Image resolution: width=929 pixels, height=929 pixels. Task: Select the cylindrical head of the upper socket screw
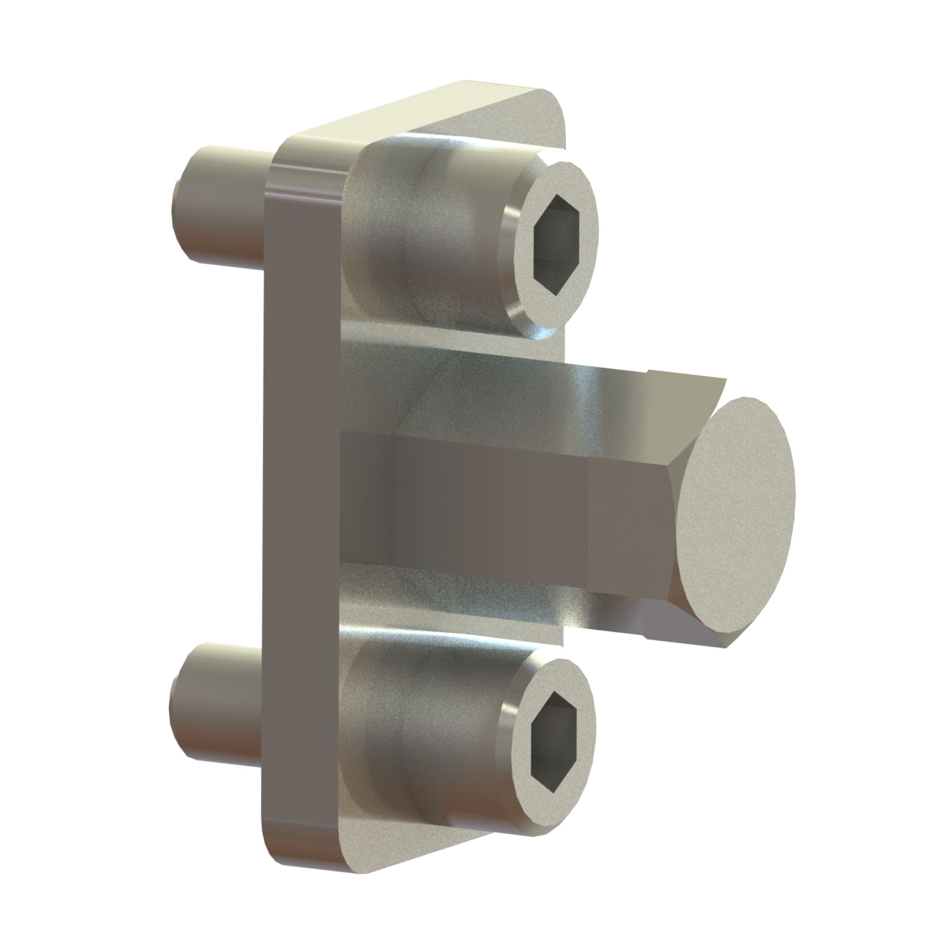(423, 240)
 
